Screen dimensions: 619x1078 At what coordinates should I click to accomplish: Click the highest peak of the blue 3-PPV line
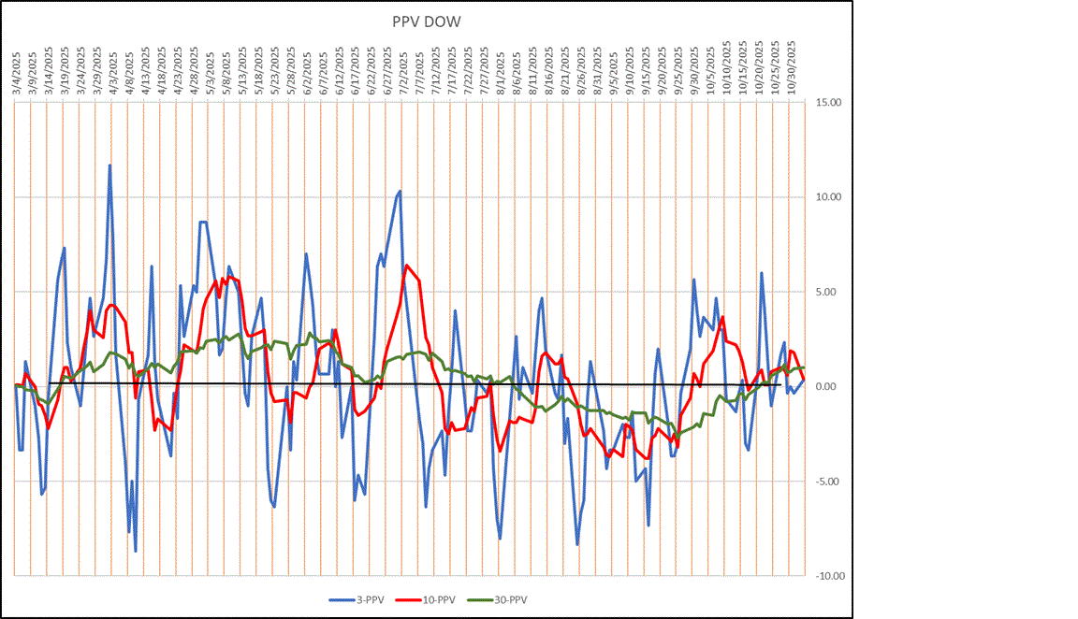(109, 166)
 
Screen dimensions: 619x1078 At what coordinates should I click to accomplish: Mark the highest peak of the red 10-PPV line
(407, 266)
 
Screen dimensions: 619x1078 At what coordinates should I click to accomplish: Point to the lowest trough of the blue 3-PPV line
(136, 551)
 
